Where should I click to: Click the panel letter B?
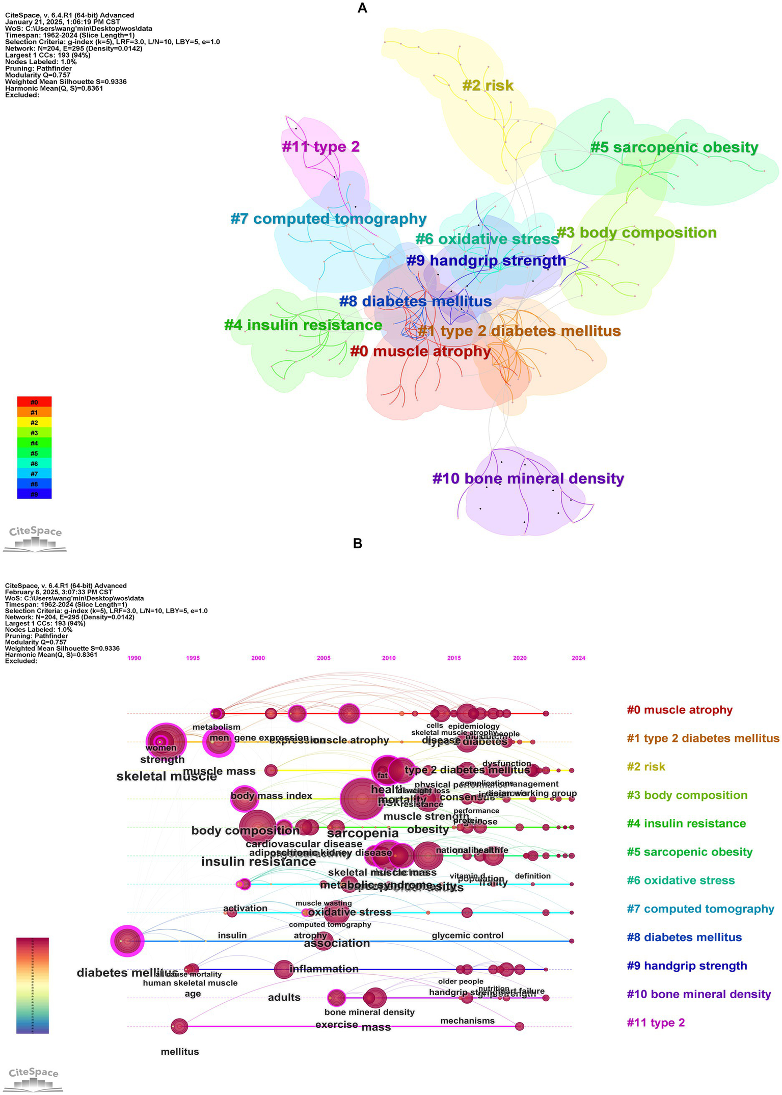coord(358,544)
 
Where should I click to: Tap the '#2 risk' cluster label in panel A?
coord(488,86)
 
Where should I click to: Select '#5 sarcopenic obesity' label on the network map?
coord(674,148)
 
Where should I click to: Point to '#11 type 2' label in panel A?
coord(320,147)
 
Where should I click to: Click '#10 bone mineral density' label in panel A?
coord(528,479)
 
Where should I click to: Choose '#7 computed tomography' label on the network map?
coord(328,219)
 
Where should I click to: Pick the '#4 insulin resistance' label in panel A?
coord(303,325)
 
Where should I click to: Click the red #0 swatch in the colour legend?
coord(34,402)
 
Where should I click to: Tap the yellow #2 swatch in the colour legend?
coord(34,422)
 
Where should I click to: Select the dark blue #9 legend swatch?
coord(34,494)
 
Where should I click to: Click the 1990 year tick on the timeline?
coord(134,658)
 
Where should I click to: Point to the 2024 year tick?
coord(578,658)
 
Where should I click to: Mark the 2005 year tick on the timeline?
coord(323,658)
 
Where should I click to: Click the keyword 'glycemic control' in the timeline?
coord(467,936)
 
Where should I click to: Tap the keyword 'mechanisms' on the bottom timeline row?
coord(467,1021)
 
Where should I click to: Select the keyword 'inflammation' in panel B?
coord(324,969)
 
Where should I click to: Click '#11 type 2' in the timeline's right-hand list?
coord(656,1023)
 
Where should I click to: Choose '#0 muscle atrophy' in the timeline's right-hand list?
coord(680,710)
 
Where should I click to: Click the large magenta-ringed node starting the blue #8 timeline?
coord(127,941)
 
